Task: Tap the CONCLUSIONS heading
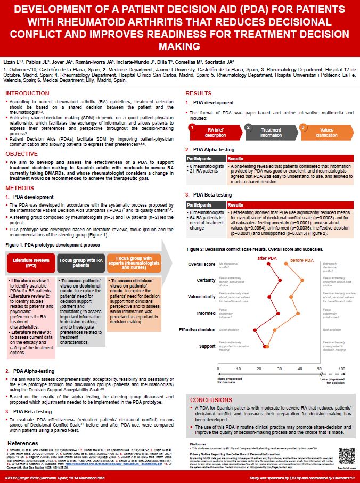[211, 400]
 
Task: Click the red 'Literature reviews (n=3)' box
[30, 264]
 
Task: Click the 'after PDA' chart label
[267, 258]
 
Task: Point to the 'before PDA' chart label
[302, 259]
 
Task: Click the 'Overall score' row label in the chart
[202, 264]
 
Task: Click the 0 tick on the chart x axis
[218, 369]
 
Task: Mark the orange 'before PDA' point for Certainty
[302, 280]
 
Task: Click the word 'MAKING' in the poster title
[179, 46]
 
